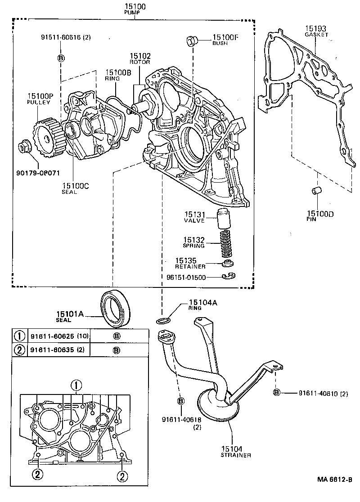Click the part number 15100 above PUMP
coord(133,7)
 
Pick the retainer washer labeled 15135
coord(229,263)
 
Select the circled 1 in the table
coord(19,336)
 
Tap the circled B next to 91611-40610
coord(277,393)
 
